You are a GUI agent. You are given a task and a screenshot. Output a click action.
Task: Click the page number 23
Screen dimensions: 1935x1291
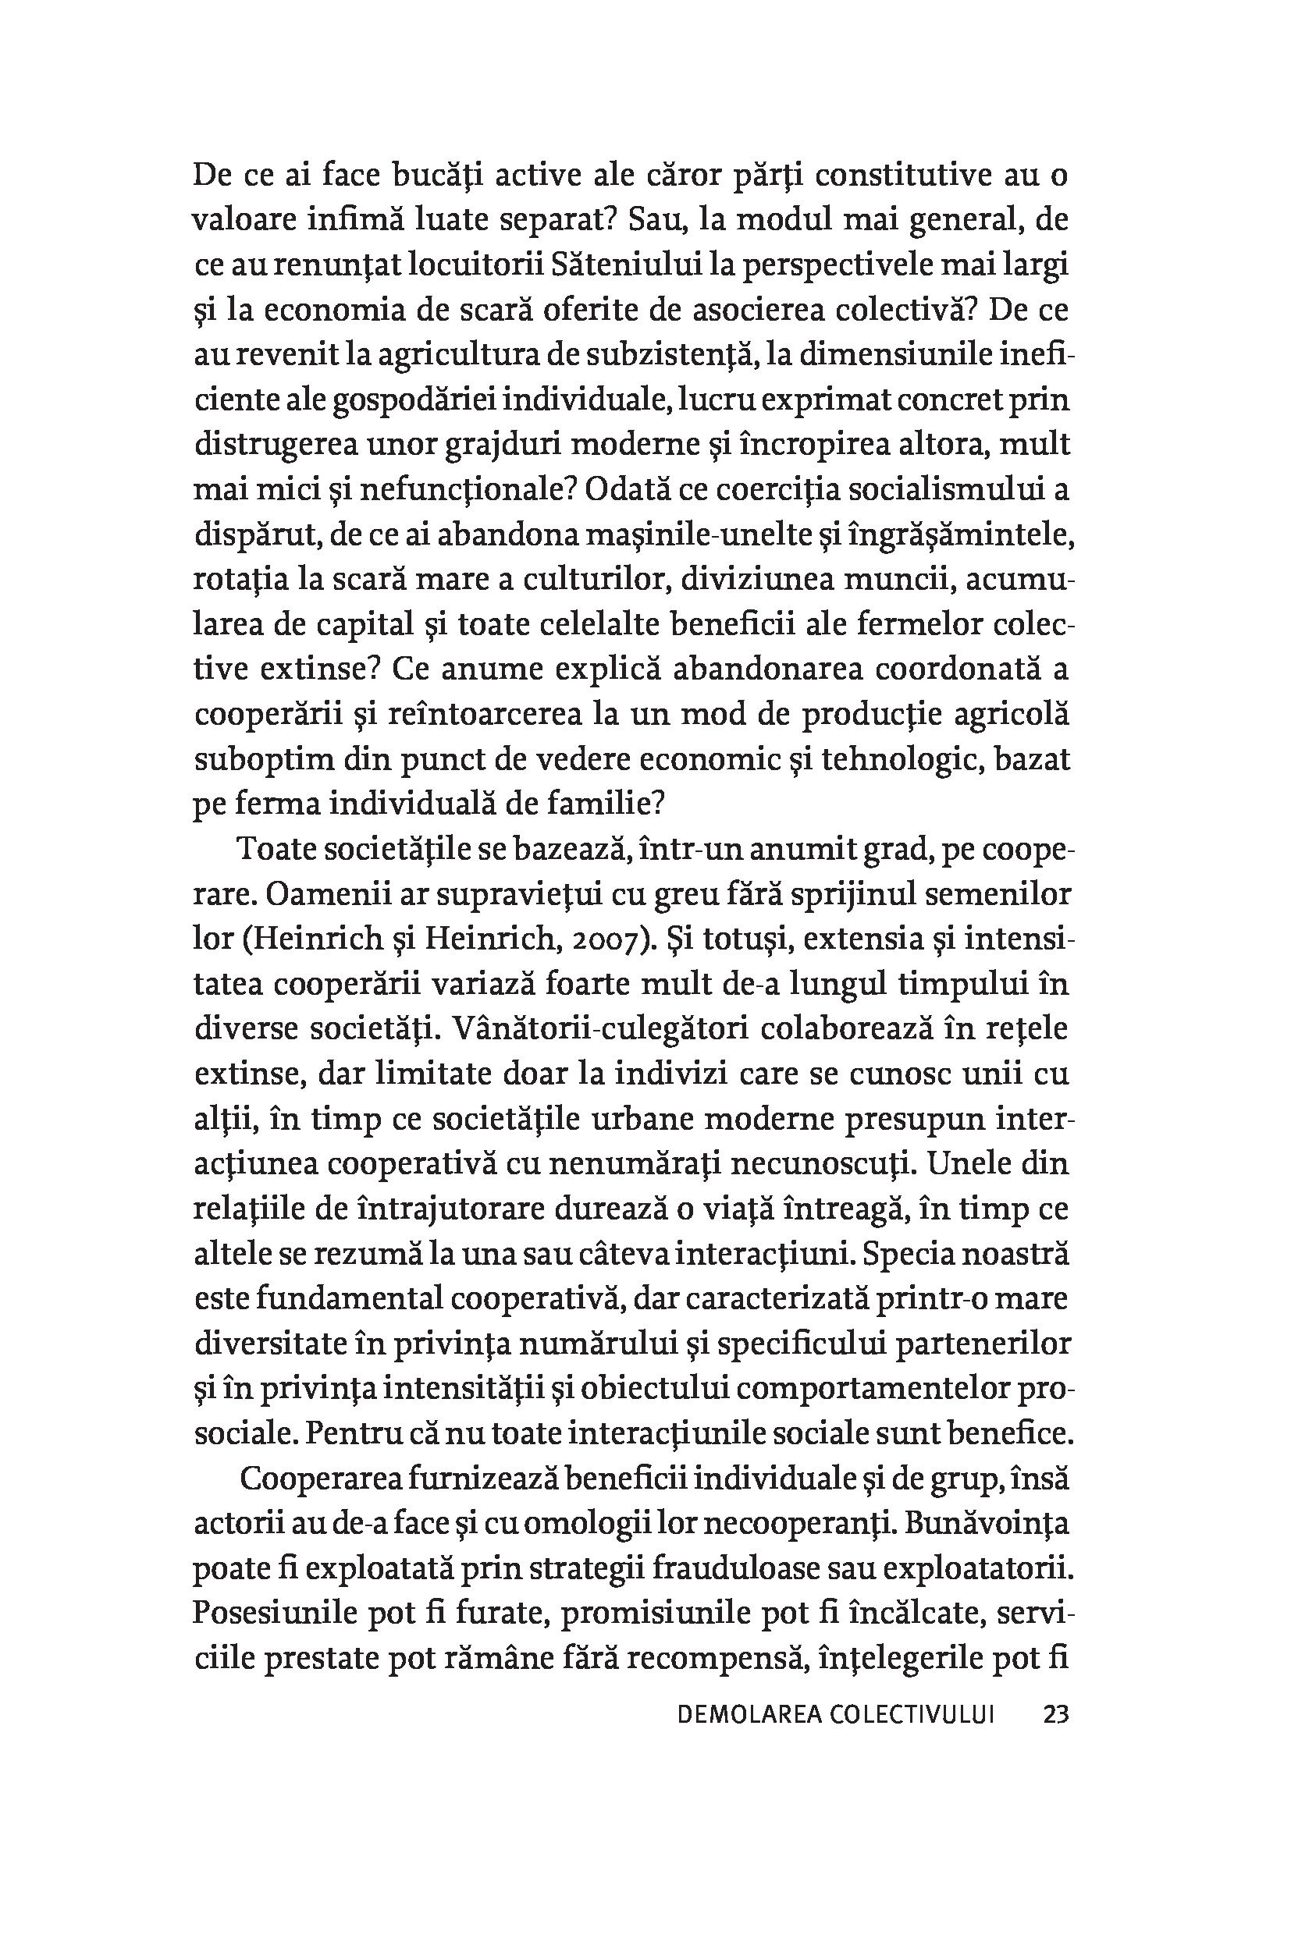pos(1055,1714)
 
